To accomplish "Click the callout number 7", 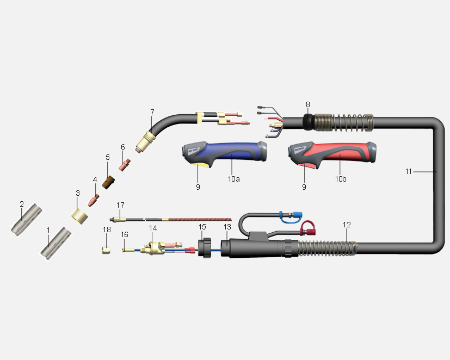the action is [x=152, y=112].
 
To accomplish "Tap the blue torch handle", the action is [x=224, y=153].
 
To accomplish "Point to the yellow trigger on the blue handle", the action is [x=202, y=164].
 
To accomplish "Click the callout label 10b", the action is [x=341, y=179].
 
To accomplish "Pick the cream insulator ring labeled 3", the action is [x=80, y=216].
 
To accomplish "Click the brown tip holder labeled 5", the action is [x=108, y=183].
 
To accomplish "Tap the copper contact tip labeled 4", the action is [x=94, y=200].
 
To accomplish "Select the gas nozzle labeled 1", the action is [x=56, y=244].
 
